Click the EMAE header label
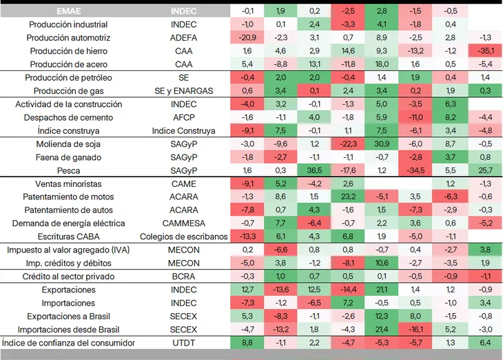69,11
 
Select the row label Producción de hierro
69,51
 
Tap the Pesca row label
68,170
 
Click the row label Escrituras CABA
69,237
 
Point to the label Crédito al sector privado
68,277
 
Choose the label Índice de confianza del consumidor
68,343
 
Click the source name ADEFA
183,38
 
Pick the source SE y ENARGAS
183,91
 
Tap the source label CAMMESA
183,223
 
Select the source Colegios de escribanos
183,237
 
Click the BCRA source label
183,277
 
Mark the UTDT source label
183,343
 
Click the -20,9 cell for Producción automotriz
247,38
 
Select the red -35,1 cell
485,51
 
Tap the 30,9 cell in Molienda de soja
382,144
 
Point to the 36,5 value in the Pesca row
314,170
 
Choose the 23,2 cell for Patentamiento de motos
348,197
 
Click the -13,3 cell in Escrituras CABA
247,237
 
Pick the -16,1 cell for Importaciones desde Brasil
415,330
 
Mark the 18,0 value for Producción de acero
382,64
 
